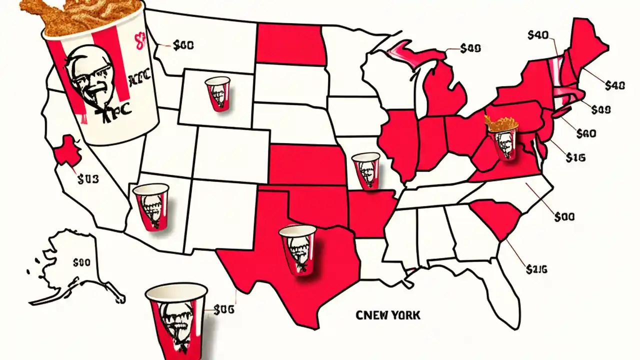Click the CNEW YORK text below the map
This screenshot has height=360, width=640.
tap(388, 315)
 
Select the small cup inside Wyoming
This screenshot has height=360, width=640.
tap(217, 93)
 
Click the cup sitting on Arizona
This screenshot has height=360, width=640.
tap(151, 206)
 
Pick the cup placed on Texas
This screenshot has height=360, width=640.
tap(298, 249)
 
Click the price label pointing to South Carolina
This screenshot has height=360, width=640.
tap(537, 269)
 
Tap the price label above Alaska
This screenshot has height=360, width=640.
tap(82, 261)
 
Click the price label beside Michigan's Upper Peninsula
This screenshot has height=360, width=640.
tap(470, 48)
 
